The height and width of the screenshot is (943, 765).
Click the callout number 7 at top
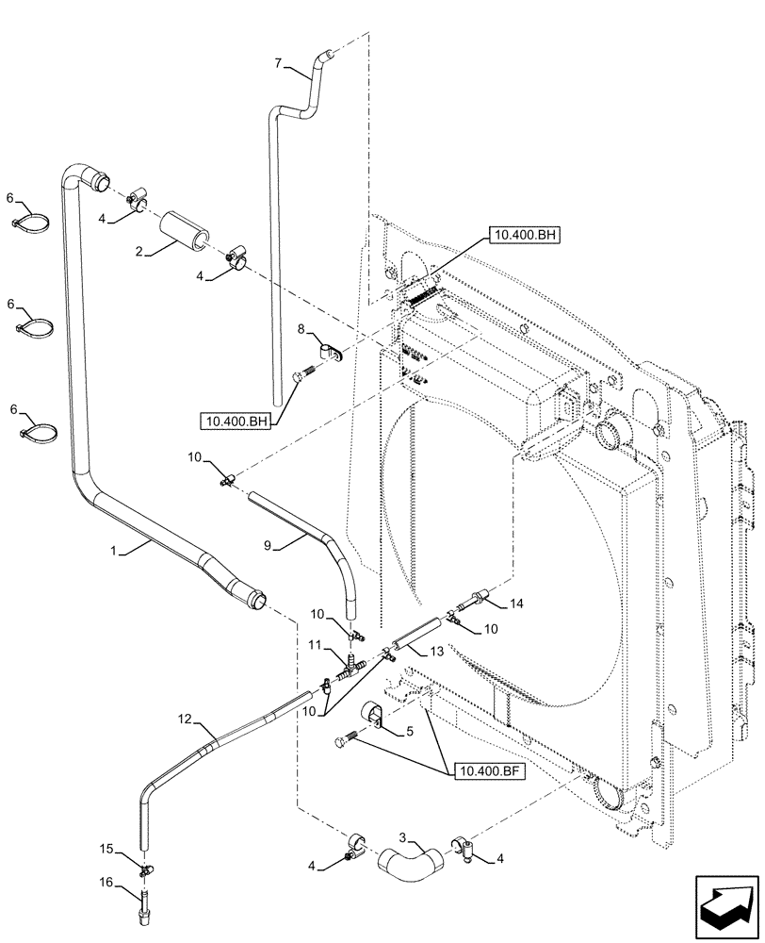pyautogui.click(x=277, y=64)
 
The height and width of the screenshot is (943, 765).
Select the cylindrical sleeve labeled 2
pyautogui.click(x=184, y=231)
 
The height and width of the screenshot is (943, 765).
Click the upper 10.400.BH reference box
pyautogui.click(x=524, y=234)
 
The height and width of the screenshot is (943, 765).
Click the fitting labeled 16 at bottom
pyautogui.click(x=144, y=916)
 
